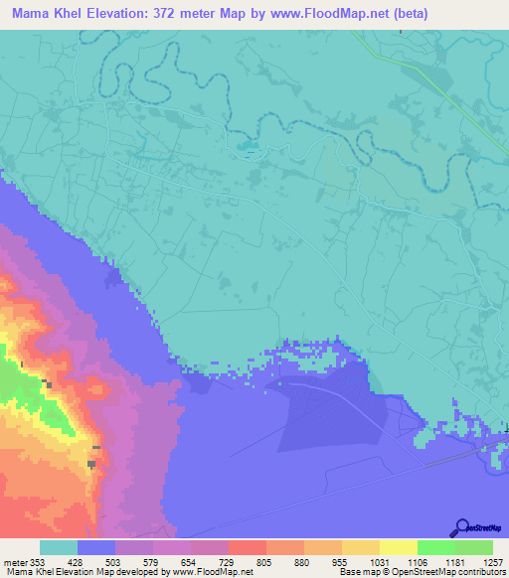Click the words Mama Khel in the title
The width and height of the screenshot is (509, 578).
[41, 12]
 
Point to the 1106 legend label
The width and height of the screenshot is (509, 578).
[417, 562]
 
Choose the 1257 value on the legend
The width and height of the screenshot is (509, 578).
[492, 562]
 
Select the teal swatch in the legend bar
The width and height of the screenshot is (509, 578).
[59, 547]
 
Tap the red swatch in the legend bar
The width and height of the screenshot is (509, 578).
[248, 547]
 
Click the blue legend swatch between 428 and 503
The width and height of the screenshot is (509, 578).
[96, 547]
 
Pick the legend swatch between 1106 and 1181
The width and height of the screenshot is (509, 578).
[435, 547]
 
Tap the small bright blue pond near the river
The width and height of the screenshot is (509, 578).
[245, 153]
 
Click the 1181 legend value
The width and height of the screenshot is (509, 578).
[454, 562]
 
